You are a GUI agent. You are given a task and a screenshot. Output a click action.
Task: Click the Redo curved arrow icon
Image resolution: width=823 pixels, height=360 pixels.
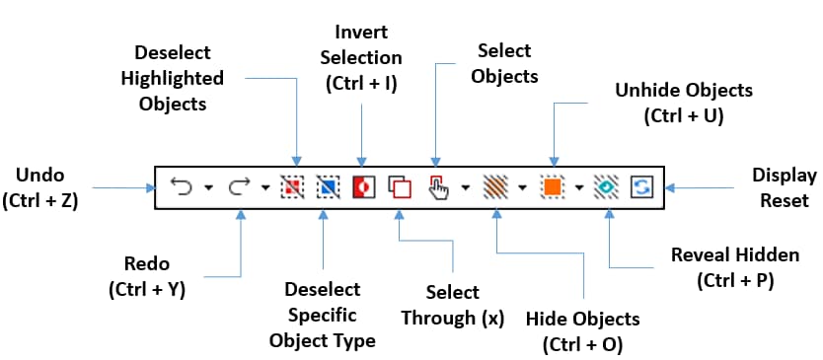pos(239,185)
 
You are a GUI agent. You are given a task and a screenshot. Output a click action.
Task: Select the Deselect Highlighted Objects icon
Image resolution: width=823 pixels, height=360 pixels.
pos(292,185)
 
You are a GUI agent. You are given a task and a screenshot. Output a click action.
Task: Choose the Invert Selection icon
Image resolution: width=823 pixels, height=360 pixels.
pos(363,185)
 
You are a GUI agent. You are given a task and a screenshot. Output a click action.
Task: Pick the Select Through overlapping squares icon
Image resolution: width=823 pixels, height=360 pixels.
pos(399,185)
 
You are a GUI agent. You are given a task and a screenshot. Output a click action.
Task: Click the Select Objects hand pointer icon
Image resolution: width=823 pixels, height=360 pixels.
pos(439,185)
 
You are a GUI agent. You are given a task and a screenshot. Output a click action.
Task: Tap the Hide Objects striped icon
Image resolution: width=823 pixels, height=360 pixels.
pos(494,185)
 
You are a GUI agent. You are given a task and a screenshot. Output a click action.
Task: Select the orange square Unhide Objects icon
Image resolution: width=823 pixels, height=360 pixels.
pos(552,185)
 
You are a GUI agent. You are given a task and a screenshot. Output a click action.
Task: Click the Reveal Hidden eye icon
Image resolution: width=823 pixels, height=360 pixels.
pos(606,185)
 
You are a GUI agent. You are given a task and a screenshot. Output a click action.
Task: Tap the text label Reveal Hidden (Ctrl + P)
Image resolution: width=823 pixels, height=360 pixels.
pos(734,267)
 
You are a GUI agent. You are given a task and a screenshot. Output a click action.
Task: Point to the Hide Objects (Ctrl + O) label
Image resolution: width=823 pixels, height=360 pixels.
pos(582,331)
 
